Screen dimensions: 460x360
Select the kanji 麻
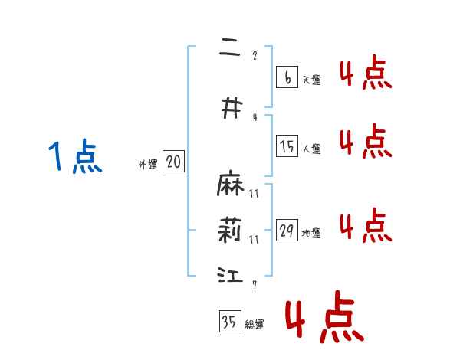coord(230,186)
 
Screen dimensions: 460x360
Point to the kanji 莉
coord(230,230)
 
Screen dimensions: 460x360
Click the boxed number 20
coord(174,162)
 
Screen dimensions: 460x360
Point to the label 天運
coord(311,80)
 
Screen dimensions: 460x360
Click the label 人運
coord(311,149)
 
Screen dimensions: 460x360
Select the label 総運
coord(254,324)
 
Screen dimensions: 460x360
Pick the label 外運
coord(148,164)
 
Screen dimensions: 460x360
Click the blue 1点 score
coord(75,157)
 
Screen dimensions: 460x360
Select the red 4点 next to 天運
coord(365,74)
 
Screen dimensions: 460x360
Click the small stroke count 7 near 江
coord(254,285)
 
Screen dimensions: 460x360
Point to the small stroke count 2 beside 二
coord(255,55)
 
